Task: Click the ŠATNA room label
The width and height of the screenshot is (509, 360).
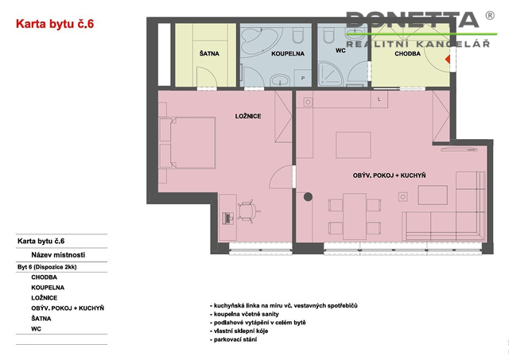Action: click(209, 53)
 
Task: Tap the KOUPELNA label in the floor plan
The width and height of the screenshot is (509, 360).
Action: click(288, 53)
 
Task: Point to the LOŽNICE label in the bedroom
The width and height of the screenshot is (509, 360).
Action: click(248, 116)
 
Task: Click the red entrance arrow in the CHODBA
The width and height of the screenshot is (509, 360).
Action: click(447, 60)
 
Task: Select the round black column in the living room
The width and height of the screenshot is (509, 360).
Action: click(308, 196)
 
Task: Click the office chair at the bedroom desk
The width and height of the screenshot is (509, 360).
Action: click(248, 211)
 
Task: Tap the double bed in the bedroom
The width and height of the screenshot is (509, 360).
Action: click(188, 143)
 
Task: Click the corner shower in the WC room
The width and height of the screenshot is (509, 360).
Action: click(329, 74)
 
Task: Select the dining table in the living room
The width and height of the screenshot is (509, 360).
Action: click(355, 216)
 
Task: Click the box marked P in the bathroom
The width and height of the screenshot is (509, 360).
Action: click(302, 78)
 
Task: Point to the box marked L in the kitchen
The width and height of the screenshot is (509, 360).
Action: click(379, 99)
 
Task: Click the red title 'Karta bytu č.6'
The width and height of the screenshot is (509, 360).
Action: click(55, 24)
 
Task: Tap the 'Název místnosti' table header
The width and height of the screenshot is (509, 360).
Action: click(58, 255)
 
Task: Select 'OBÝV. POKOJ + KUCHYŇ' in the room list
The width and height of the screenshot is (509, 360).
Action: click(68, 308)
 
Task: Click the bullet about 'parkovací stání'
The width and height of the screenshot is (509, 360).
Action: click(233, 339)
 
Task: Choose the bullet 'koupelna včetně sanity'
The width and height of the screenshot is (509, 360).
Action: click(244, 314)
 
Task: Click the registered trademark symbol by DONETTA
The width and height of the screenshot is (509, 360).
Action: click(490, 15)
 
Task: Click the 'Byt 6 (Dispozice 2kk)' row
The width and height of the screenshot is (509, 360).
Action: click(47, 267)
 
